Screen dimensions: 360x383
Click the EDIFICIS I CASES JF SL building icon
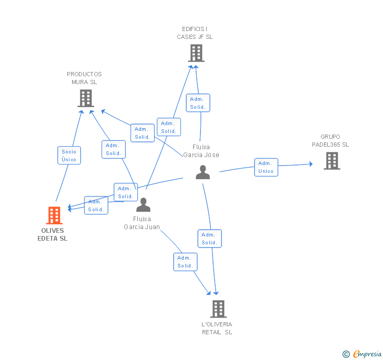196,53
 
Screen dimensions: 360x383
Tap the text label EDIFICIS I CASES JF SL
195,33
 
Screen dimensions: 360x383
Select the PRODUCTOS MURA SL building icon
85,98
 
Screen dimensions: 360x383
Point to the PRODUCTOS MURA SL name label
84,78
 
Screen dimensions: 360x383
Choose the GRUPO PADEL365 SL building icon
331,161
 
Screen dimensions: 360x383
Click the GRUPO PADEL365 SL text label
330,141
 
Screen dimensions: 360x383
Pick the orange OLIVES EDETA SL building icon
54,215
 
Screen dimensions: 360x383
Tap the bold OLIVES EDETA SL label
53,234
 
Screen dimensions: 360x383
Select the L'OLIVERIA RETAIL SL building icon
218,309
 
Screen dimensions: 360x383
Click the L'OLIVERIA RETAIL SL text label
217,328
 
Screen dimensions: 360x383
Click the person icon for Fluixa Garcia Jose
203,172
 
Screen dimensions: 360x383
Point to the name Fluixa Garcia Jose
201,151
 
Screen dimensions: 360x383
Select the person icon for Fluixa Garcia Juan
143,205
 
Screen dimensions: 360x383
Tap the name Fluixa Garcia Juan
142,223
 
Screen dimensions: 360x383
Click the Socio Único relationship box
69,156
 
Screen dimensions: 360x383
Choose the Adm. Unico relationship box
266,167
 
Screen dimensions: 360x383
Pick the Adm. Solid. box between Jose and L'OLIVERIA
209,239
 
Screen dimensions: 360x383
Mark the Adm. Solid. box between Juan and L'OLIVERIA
185,262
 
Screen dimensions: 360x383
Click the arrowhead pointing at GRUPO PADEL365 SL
310,164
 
